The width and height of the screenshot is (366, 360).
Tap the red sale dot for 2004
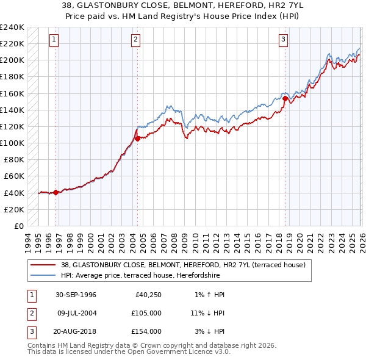pyautogui.click(x=138, y=139)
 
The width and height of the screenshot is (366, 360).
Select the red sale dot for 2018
pyautogui.click(x=285, y=98)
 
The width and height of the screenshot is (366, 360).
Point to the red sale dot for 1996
pyautogui.click(x=56, y=192)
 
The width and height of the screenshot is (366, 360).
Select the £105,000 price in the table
pyautogui.click(x=147, y=313)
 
